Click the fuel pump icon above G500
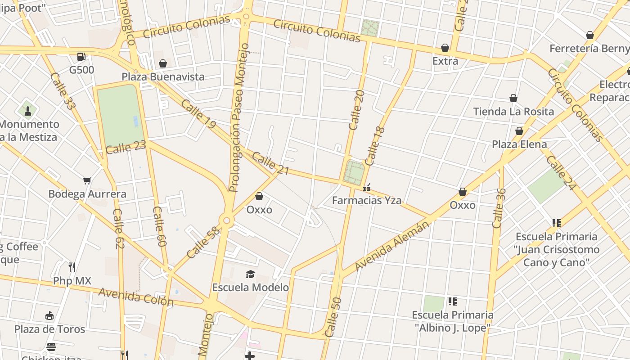coord(81,57)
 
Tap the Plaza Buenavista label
coord(163,76)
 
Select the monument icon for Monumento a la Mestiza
coord(28,110)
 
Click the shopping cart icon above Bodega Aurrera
coord(87,181)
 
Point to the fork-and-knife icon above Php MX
coord(72,267)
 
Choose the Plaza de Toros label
coord(49,329)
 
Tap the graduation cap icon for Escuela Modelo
coord(250,274)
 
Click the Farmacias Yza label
coord(367,200)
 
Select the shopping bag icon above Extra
coord(445,48)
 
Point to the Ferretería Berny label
coord(589,48)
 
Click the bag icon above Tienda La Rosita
coord(513,98)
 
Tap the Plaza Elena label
coord(519,144)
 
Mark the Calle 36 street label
coord(499,208)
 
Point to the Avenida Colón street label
coord(136,297)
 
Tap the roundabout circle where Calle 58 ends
coord(227,220)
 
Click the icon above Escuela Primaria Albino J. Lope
coord(452,301)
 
